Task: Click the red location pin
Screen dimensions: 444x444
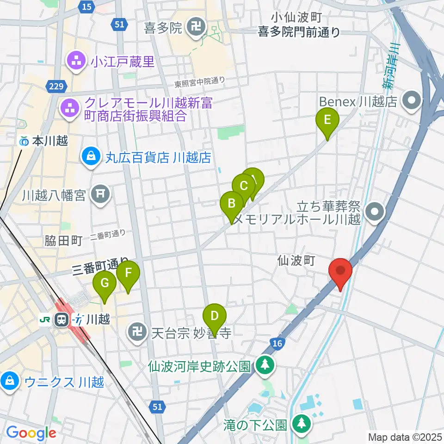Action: tap(340, 271)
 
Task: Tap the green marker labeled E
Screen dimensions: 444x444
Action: tap(327, 121)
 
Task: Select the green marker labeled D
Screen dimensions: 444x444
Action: tap(214, 317)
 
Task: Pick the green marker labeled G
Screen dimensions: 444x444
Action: tap(105, 284)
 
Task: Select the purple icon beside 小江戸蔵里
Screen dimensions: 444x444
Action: tap(74, 62)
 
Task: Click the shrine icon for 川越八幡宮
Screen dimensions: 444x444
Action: tap(100, 194)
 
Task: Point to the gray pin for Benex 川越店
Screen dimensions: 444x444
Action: tap(410, 101)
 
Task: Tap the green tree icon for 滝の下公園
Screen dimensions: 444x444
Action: tap(301, 423)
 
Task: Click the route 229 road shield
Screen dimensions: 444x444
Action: tap(57, 86)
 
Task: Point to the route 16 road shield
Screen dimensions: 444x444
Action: tap(277, 343)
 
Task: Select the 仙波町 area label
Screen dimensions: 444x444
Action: tap(296, 261)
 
